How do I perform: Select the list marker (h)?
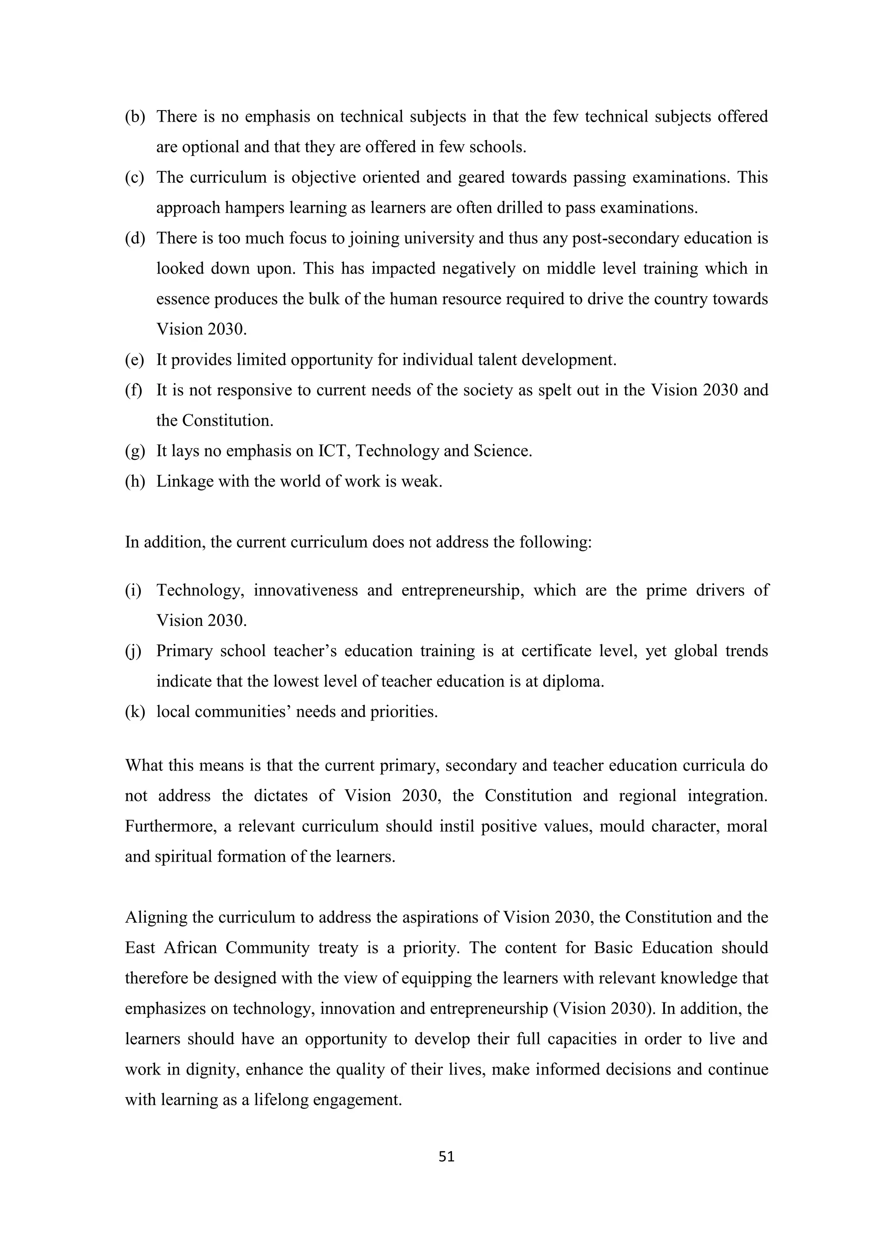click(x=135, y=482)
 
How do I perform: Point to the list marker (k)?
click(x=135, y=712)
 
